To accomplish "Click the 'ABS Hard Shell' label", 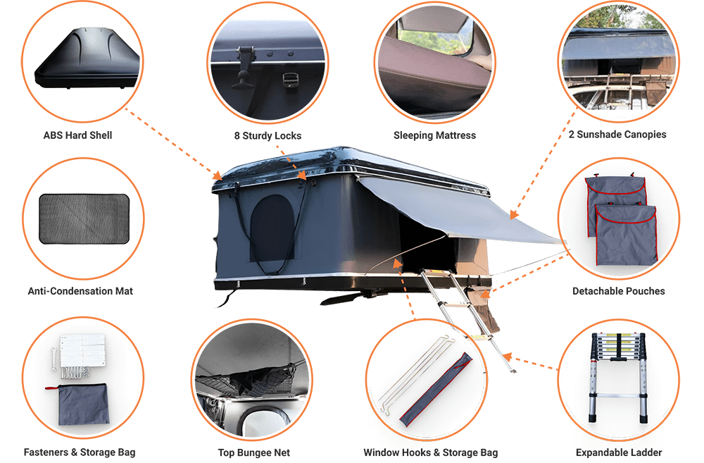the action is [x=77, y=135].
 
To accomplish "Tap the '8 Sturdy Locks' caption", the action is [x=268, y=136].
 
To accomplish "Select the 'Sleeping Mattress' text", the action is [x=434, y=135].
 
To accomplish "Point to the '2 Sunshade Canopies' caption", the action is [x=617, y=135].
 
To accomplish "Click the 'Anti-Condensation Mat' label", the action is [x=80, y=291].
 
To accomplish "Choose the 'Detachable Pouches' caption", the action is [x=618, y=291].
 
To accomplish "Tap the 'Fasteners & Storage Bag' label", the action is [x=80, y=452].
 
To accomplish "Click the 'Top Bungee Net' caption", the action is [x=254, y=452].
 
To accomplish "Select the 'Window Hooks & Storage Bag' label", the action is [x=431, y=452].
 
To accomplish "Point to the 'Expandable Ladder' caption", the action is [x=619, y=452].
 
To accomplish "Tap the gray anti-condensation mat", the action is [x=84, y=219].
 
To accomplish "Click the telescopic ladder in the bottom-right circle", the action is [x=619, y=378].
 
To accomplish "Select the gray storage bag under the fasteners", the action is [x=82, y=404].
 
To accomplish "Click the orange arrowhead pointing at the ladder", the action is [x=508, y=357].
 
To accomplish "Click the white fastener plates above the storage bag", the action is [x=82, y=350].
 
